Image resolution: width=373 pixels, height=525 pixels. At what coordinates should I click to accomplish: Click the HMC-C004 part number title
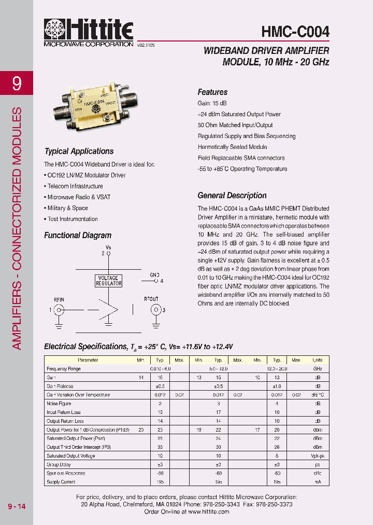pyautogui.click(x=295, y=32)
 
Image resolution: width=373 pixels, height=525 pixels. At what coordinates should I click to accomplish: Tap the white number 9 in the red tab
pyautogui.click(x=17, y=83)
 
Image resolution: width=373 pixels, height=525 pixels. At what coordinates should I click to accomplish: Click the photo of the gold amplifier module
pyautogui.click(x=94, y=104)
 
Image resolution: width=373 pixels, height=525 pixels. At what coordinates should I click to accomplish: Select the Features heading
pyautogui.click(x=212, y=92)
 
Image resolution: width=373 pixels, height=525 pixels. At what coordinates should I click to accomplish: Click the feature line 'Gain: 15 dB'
pyautogui.click(x=213, y=103)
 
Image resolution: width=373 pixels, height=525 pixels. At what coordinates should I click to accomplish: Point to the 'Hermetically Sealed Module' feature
pyautogui.click(x=232, y=147)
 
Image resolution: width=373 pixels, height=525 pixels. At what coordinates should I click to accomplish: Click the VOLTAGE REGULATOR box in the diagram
pyautogui.click(x=109, y=281)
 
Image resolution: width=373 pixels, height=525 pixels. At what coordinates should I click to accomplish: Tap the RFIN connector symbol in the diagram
pyautogui.click(x=59, y=310)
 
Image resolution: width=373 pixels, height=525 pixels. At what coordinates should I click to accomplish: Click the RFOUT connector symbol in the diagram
pyautogui.click(x=154, y=310)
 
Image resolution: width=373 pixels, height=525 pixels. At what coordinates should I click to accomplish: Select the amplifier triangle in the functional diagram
pyautogui.click(x=109, y=310)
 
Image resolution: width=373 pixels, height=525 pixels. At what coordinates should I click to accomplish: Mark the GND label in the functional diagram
pyautogui.click(x=154, y=274)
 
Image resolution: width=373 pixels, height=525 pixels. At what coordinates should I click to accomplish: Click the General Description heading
pyautogui.click(x=232, y=196)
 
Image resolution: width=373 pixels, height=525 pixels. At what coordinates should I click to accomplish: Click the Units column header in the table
pyautogui.click(x=317, y=360)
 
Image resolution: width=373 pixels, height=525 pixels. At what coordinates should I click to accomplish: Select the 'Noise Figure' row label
pyautogui.click(x=59, y=404)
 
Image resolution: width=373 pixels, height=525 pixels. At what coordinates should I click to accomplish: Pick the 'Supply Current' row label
pyautogui.click(x=61, y=482)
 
